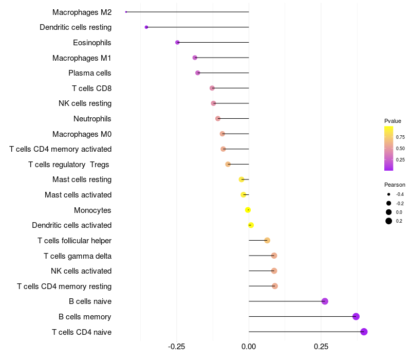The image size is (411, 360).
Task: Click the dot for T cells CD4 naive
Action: pos(364,332)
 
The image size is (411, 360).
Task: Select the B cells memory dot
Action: pos(356,316)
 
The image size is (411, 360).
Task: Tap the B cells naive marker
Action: pos(325,301)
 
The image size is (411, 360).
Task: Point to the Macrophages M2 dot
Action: pos(126,12)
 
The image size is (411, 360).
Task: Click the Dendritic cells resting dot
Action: pos(146,27)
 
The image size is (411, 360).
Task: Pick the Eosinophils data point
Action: pos(177,42)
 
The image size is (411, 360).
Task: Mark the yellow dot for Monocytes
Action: pos(248,210)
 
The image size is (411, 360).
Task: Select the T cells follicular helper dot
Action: pos(267,240)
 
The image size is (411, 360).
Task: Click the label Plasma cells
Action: pos(90,73)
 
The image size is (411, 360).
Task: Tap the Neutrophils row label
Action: pos(92,119)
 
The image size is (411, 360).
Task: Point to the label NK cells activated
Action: pos(81,271)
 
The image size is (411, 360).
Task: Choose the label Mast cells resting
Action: pos(82,179)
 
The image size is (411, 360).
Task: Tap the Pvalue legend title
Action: pos(393,121)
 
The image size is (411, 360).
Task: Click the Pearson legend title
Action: pos(395,185)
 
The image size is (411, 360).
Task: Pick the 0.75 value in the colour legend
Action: pos(400,137)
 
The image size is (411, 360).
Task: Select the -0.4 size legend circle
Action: pos(389,194)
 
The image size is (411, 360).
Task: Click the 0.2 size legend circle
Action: pos(389,221)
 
